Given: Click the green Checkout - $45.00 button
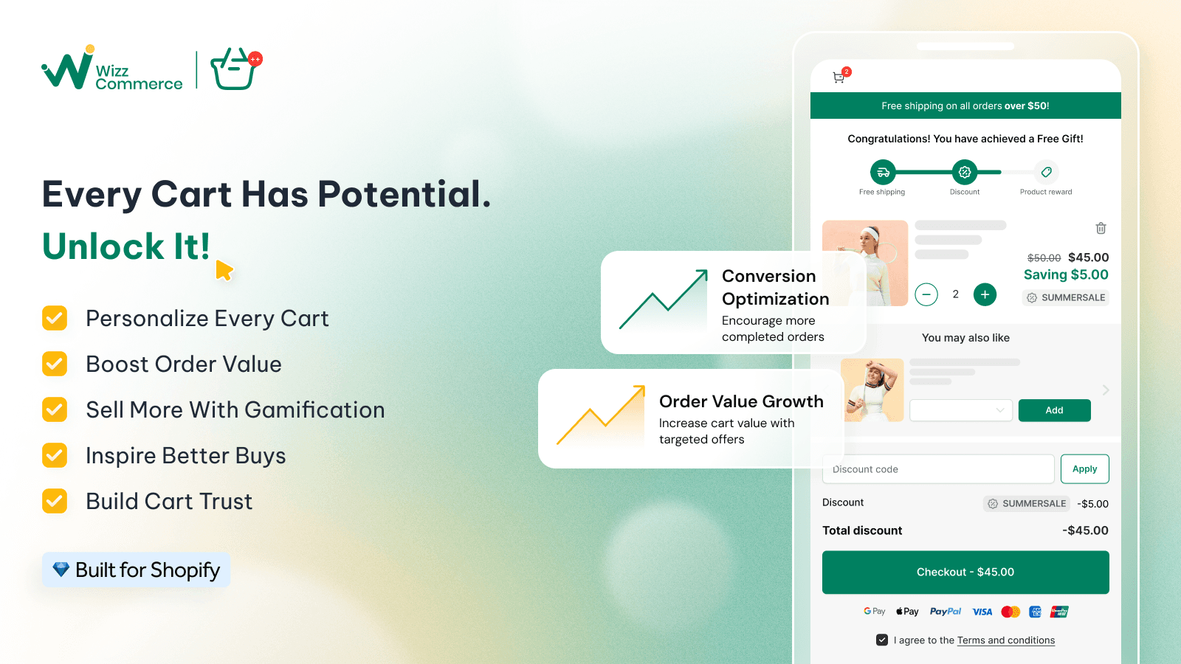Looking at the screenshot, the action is point(965,573).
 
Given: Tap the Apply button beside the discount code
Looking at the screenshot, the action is point(1084,469).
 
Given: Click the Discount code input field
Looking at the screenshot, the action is point(938,469).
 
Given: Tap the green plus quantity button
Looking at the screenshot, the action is point(985,294).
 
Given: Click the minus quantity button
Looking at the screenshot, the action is point(926,294).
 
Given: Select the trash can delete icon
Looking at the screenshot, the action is point(1101,228).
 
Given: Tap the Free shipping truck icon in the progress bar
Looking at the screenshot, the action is point(883,172).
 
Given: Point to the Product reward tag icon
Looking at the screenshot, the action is point(1047,172).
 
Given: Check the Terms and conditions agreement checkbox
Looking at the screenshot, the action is point(881,640).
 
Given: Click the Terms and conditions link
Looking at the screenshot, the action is point(1006,640).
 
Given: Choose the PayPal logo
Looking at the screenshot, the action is point(946,612).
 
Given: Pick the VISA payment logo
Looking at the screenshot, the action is point(982,612).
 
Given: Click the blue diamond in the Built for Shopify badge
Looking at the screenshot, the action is point(61,569).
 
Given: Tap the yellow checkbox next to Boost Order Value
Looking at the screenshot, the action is point(55,364).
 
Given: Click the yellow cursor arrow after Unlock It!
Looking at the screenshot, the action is point(224,270).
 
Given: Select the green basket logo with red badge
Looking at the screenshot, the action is point(235,69).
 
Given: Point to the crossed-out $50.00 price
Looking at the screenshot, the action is point(1044,257).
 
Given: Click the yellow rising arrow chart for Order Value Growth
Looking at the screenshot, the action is point(601,415).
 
